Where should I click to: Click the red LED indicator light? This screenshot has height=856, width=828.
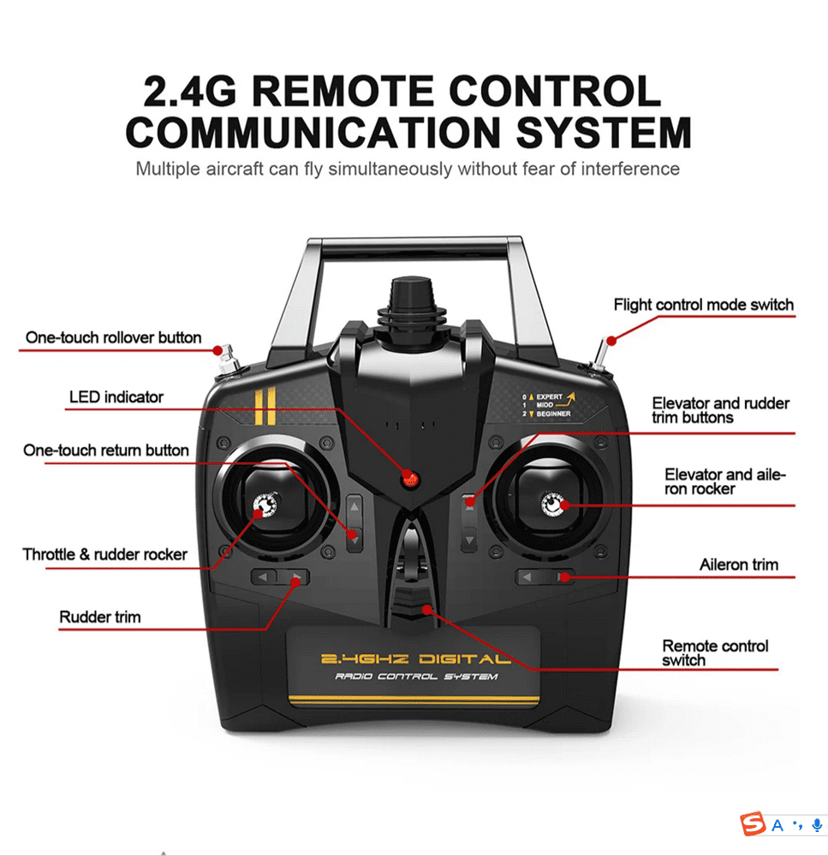pyautogui.click(x=409, y=479)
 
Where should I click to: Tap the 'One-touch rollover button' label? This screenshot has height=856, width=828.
pyautogui.click(x=114, y=337)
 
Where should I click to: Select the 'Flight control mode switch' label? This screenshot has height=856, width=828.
pyautogui.click(x=704, y=305)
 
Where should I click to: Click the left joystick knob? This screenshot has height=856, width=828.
pyautogui.click(x=265, y=505)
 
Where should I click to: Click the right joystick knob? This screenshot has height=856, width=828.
pyautogui.click(x=553, y=504)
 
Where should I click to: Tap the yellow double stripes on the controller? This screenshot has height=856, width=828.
pyautogui.click(x=265, y=406)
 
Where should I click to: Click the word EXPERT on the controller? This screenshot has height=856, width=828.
pyautogui.click(x=549, y=397)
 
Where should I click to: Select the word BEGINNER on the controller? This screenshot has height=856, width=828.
pyautogui.click(x=553, y=413)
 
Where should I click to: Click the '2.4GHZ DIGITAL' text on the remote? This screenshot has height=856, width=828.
pyautogui.click(x=416, y=659)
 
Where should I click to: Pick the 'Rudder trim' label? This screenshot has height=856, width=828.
pyautogui.click(x=100, y=617)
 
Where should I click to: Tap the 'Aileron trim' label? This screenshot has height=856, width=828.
pyautogui.click(x=739, y=564)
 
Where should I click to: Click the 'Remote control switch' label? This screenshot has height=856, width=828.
pyautogui.click(x=715, y=653)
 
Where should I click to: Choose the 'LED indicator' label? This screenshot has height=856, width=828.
pyautogui.click(x=116, y=397)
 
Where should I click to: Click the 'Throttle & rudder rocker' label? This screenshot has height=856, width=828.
pyautogui.click(x=104, y=555)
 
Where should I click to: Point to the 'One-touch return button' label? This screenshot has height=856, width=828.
pyautogui.click(x=106, y=450)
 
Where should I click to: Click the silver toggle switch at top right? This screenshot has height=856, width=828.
pyautogui.click(x=600, y=355)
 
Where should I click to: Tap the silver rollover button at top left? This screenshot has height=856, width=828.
pyautogui.click(x=229, y=360)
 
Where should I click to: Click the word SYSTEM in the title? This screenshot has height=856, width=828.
pyautogui.click(x=604, y=132)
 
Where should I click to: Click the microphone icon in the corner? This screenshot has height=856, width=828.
pyautogui.click(x=817, y=825)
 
